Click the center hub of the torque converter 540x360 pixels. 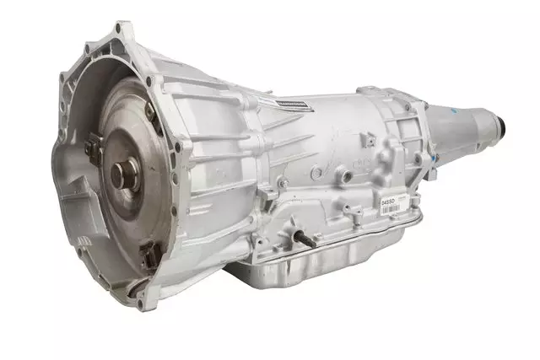click(x=120, y=175)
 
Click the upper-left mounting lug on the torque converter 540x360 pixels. click(x=91, y=149)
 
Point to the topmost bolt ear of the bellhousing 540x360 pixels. click(x=125, y=30)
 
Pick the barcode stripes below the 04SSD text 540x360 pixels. click(x=390, y=207)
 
